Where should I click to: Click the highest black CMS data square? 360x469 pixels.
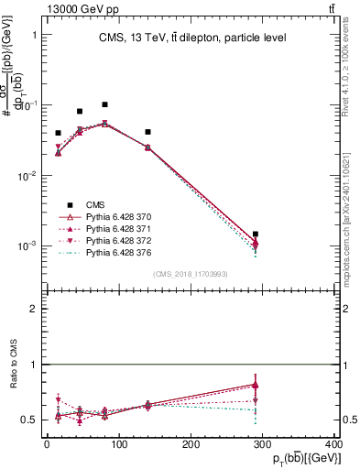105,104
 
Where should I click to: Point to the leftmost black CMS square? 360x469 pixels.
58,133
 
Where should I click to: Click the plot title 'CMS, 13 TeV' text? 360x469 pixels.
192,38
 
